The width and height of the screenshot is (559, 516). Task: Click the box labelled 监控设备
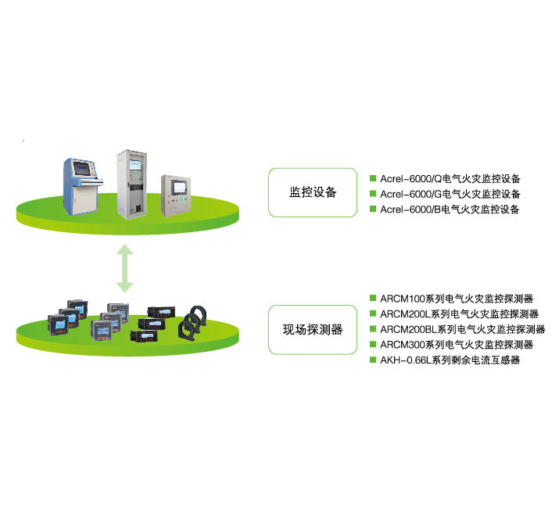313,192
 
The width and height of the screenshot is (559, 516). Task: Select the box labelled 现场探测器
313,329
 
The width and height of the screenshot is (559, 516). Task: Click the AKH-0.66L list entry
450,360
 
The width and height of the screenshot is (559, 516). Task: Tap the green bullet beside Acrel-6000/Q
373,177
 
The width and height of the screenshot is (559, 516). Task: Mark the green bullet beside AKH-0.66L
373,360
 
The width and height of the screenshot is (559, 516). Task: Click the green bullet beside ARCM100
373,298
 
